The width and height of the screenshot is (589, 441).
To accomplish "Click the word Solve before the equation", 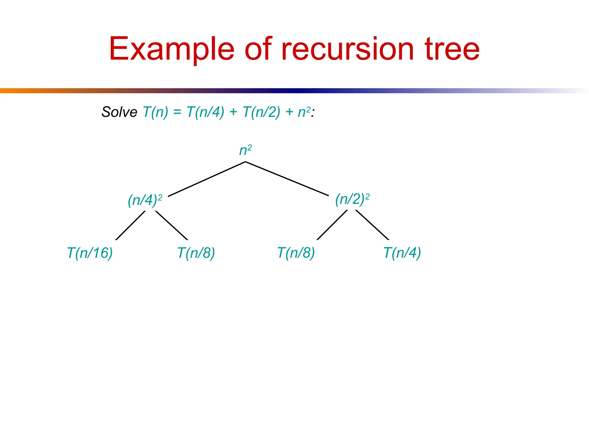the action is [x=119, y=112].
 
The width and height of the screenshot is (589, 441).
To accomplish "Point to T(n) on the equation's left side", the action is [x=155, y=112].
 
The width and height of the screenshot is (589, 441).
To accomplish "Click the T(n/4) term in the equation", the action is [x=205, y=112].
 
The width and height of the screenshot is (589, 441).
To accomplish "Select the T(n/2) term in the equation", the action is [x=261, y=112].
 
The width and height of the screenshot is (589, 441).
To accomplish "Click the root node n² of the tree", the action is [x=245, y=150].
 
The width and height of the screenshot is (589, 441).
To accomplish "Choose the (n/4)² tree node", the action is [x=145, y=200].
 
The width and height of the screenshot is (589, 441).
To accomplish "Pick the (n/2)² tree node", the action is [x=352, y=199].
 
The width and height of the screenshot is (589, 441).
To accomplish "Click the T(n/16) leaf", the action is [x=90, y=253].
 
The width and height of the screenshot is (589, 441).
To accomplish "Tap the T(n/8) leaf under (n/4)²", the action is [x=196, y=253].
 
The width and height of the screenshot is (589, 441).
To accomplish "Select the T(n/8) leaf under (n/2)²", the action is [x=296, y=253].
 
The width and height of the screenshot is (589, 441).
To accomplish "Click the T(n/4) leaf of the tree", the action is [x=402, y=253].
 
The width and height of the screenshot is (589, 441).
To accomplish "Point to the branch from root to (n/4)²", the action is [x=206, y=179].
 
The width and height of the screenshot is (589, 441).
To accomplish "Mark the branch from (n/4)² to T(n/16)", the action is [x=130, y=225].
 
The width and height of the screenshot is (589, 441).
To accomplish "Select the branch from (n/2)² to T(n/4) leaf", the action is [x=372, y=225].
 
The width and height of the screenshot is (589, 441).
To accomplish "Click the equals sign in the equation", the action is [x=177, y=112].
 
